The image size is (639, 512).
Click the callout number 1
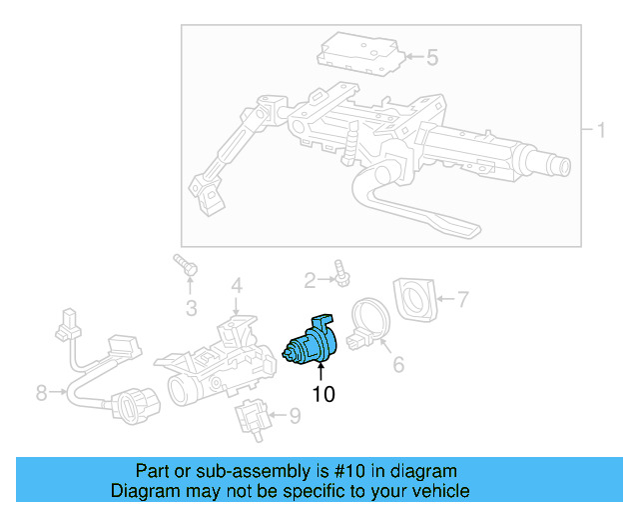(601, 131)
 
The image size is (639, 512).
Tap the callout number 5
(431, 58)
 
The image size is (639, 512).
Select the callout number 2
(310, 279)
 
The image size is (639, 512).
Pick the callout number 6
(397, 365)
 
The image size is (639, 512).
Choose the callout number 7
(462, 297)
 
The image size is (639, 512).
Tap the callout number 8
(41, 393)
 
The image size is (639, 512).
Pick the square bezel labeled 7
(416, 298)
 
